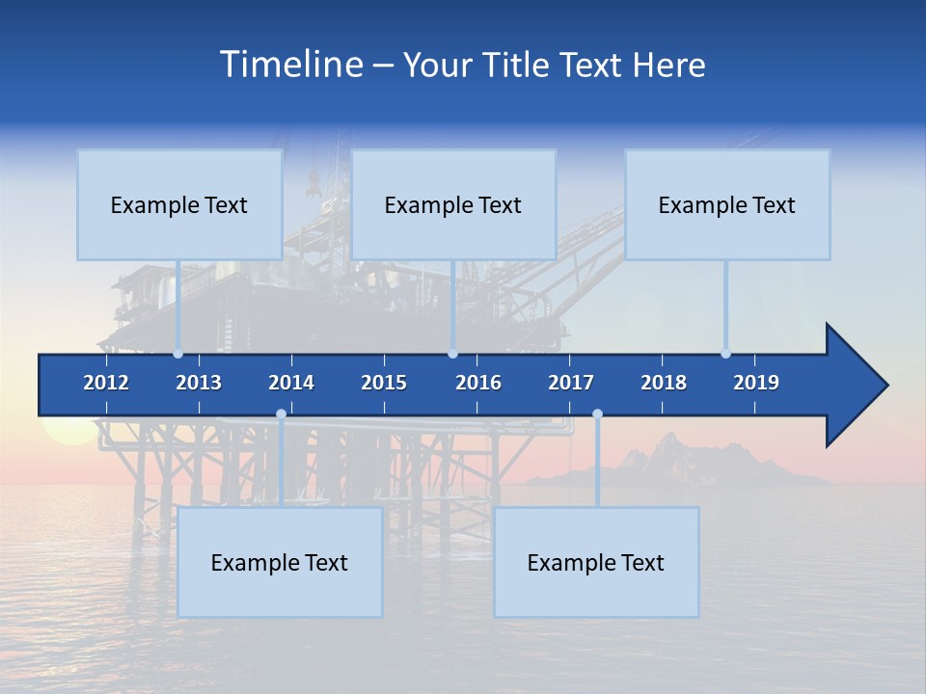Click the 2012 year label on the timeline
[106, 383]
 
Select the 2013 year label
[199, 383]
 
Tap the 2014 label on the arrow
[291, 383]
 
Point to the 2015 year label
[384, 383]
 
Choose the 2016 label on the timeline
[478, 383]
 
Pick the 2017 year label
[571, 383]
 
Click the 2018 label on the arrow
[664, 383]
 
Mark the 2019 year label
[756, 383]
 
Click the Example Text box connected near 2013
[179, 204]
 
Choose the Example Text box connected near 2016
[453, 204]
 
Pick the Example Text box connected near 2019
[727, 204]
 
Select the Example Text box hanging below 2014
[280, 562]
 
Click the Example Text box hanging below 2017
[596, 562]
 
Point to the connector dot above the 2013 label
[177, 354]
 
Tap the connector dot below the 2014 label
[281, 414]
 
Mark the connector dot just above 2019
[725, 354]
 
